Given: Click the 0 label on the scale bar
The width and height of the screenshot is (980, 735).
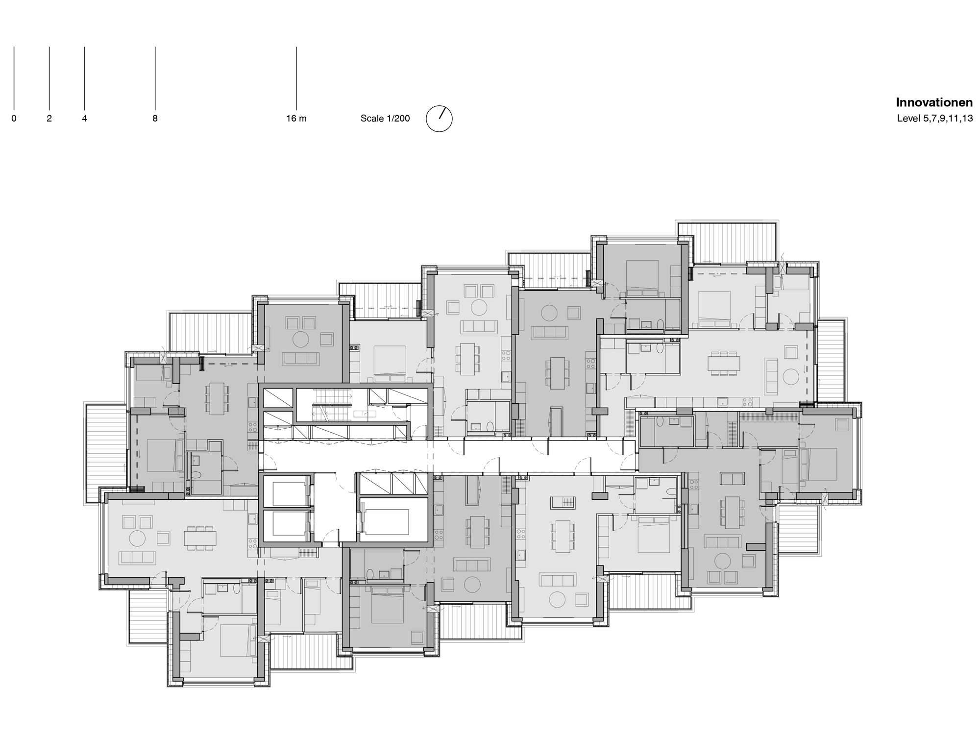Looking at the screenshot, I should [x=14, y=119].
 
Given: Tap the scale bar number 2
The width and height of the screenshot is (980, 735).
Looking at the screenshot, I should [x=49, y=119].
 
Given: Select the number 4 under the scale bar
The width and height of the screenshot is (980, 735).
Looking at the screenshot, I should [x=84, y=119].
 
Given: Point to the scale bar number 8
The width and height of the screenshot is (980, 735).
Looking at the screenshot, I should [x=155, y=119].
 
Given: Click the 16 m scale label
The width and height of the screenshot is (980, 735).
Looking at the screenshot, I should [x=296, y=119].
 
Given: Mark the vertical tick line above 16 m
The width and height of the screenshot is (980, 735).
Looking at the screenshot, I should [x=296, y=78].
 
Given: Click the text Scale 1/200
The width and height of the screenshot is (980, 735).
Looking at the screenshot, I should [x=385, y=119].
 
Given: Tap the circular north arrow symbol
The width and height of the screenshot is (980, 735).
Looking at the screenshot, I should [x=439, y=119].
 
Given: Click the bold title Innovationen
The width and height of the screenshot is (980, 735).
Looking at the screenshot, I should [x=934, y=102].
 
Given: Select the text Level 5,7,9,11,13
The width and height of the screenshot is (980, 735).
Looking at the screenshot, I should [x=934, y=119].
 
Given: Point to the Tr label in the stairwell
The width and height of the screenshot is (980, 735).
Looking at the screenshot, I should [x=364, y=414].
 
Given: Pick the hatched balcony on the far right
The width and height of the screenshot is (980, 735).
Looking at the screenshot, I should [x=830, y=360].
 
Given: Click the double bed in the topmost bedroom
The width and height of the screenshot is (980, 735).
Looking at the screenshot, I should [x=642, y=277].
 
